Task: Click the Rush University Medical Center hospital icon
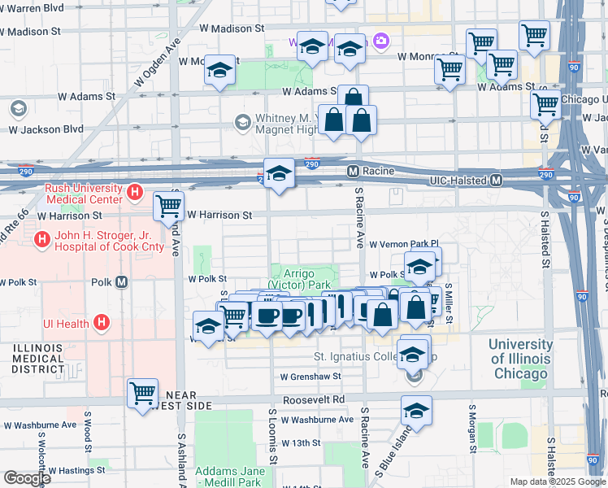point(136,194)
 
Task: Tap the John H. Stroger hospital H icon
point(41,240)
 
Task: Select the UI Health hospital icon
point(102,323)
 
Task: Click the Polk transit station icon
point(122,282)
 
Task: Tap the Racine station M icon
point(353,172)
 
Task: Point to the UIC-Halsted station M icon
point(497,180)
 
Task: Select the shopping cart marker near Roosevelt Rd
point(143,393)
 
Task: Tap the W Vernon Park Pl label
point(403,244)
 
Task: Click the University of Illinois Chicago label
point(520,358)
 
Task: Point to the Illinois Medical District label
point(38,358)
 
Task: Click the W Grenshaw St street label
point(311,377)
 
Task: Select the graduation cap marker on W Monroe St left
point(219,71)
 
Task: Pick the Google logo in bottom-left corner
point(26,477)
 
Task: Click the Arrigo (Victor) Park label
point(306,280)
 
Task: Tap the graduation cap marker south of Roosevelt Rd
point(417,411)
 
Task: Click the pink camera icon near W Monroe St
point(380,41)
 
